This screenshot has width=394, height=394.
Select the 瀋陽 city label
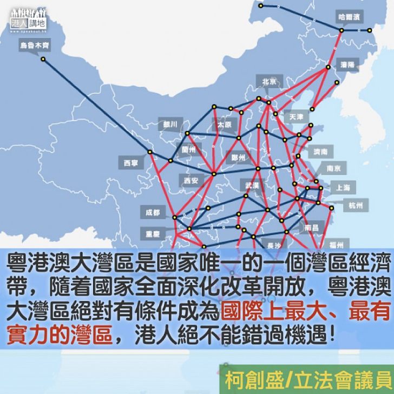point(347,64)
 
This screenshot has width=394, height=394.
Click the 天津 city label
point(297,116)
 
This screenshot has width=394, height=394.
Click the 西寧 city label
point(130,162)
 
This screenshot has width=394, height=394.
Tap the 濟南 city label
point(320,152)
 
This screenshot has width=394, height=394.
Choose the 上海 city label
point(343,187)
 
